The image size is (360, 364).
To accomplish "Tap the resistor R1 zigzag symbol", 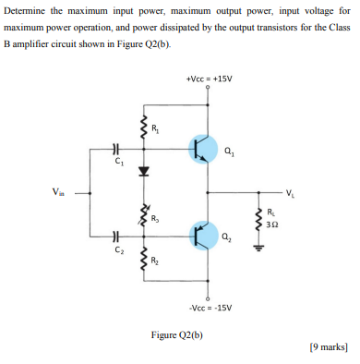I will (143, 128).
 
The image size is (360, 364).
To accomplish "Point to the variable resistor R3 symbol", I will (144, 217).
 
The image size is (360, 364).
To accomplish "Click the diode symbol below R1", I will (143, 172).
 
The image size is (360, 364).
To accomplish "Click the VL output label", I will (292, 194).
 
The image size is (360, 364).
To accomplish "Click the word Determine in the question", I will (27, 9).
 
